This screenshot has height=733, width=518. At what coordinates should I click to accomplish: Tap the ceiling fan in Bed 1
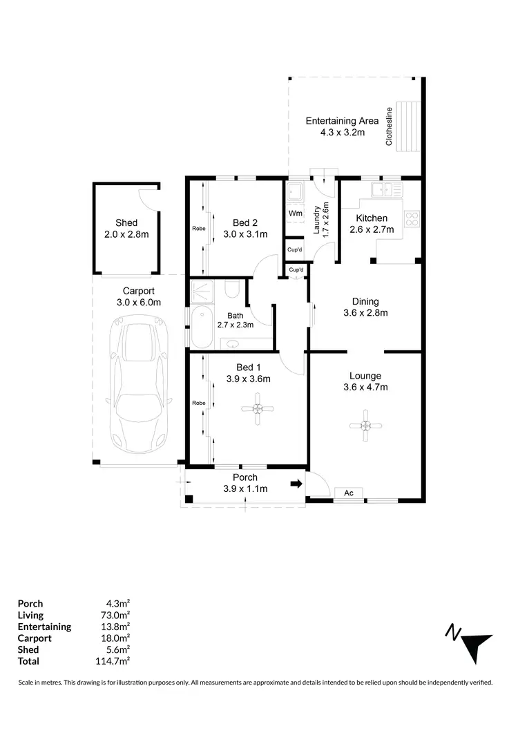point(257,409)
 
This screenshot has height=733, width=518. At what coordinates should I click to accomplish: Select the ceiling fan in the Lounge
point(367,425)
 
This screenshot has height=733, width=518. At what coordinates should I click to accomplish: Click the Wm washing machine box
point(296,213)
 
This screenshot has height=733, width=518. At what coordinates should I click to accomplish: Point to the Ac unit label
point(349,493)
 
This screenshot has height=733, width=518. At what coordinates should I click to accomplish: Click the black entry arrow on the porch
point(296,484)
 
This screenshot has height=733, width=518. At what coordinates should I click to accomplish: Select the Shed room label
point(126,222)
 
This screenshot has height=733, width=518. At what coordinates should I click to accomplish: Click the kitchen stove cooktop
point(412,219)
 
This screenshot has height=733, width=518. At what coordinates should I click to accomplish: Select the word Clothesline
point(390,127)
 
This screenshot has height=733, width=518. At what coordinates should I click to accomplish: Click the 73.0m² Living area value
point(116,615)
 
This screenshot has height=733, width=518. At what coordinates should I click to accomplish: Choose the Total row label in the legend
point(28,661)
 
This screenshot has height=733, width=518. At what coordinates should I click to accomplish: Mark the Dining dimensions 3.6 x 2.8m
point(365,312)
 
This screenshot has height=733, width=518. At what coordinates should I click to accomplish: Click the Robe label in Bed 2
point(197,229)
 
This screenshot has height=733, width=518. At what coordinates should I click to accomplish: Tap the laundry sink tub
point(295,191)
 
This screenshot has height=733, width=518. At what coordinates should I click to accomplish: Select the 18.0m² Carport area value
point(116,638)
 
